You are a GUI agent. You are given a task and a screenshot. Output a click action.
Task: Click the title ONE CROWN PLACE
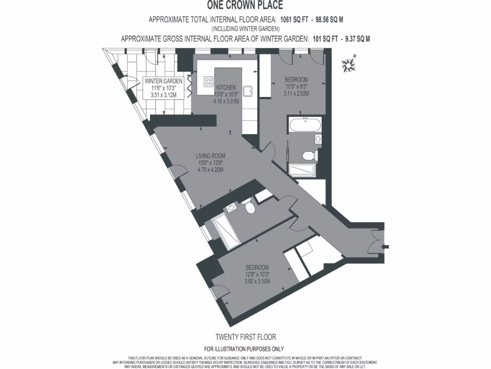245,6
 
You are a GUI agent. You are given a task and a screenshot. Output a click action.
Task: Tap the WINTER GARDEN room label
164,81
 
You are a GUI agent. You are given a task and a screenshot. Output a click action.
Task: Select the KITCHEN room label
226,87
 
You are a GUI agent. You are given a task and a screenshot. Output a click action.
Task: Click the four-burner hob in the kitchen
209,82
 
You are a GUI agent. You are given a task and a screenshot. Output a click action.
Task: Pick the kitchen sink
248,91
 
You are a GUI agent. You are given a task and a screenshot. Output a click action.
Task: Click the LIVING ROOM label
210,156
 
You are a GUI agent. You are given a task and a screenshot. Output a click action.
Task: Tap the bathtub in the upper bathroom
305,126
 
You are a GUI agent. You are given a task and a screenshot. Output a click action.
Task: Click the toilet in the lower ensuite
249,207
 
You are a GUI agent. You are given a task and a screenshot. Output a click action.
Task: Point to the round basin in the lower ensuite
232,208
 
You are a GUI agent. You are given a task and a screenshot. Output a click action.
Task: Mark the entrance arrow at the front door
383,247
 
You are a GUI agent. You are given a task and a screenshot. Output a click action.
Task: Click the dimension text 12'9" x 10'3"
257,275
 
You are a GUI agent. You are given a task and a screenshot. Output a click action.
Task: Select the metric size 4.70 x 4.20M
210,170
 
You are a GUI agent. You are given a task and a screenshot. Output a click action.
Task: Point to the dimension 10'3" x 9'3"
296,86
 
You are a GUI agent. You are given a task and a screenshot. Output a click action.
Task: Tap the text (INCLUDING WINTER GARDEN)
245,29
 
